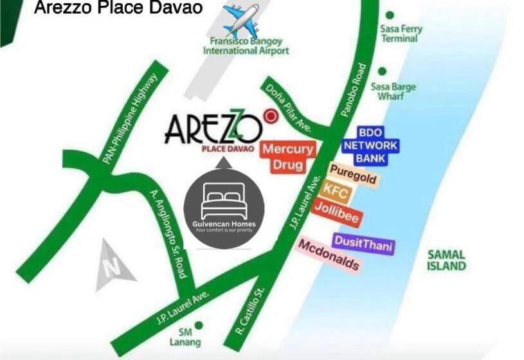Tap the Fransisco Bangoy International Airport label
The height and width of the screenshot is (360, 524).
(x=246, y=46)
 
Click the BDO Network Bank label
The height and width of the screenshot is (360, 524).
(x=370, y=145)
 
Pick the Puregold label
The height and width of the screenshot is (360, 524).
(x=352, y=174)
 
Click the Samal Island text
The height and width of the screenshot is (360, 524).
(x=446, y=260)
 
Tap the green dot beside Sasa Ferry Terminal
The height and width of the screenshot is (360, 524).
(x=389, y=14)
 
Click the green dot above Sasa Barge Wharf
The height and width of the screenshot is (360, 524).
(x=382, y=71)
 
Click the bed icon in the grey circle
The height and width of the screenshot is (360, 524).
(x=223, y=200)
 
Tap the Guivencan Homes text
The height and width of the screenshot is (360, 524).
(x=224, y=224)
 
